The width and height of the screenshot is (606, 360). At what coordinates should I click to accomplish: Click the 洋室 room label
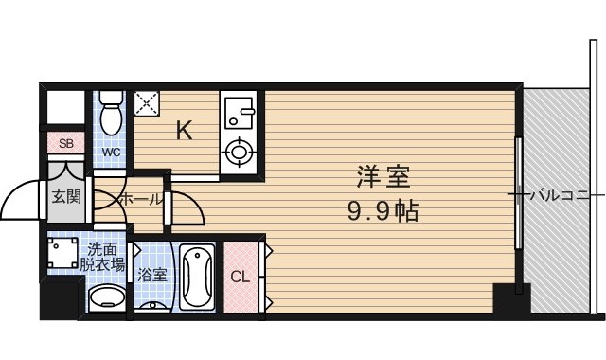pos(383,177)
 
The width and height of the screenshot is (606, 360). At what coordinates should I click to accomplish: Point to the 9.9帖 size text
pos(383,208)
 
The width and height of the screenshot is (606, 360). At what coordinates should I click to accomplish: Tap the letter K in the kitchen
pos(185,131)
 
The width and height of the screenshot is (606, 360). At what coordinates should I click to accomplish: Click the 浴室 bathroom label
pos(152,277)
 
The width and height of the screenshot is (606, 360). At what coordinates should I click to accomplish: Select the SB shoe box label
pos(65,144)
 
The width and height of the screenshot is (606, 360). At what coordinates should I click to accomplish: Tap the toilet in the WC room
pos(112,115)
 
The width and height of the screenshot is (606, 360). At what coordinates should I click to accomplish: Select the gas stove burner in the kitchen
pos(240,151)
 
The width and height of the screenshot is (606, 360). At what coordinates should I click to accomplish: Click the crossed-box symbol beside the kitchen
pos(147,102)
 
